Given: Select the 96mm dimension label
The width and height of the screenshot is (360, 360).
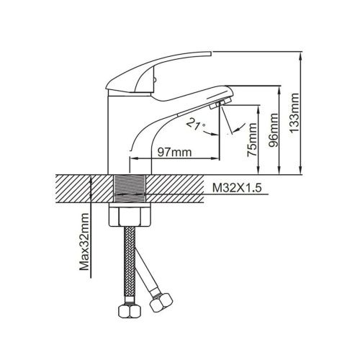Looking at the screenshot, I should [x=274, y=130].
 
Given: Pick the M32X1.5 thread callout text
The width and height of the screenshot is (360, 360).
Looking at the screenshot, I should [x=236, y=189].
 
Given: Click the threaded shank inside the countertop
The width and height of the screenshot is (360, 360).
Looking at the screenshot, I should [x=132, y=189].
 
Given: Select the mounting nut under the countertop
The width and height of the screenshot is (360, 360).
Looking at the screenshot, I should [x=132, y=215].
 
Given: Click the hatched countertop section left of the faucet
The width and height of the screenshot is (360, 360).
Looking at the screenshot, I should [x=79, y=189].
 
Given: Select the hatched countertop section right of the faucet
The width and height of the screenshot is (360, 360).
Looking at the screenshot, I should [x=180, y=189].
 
